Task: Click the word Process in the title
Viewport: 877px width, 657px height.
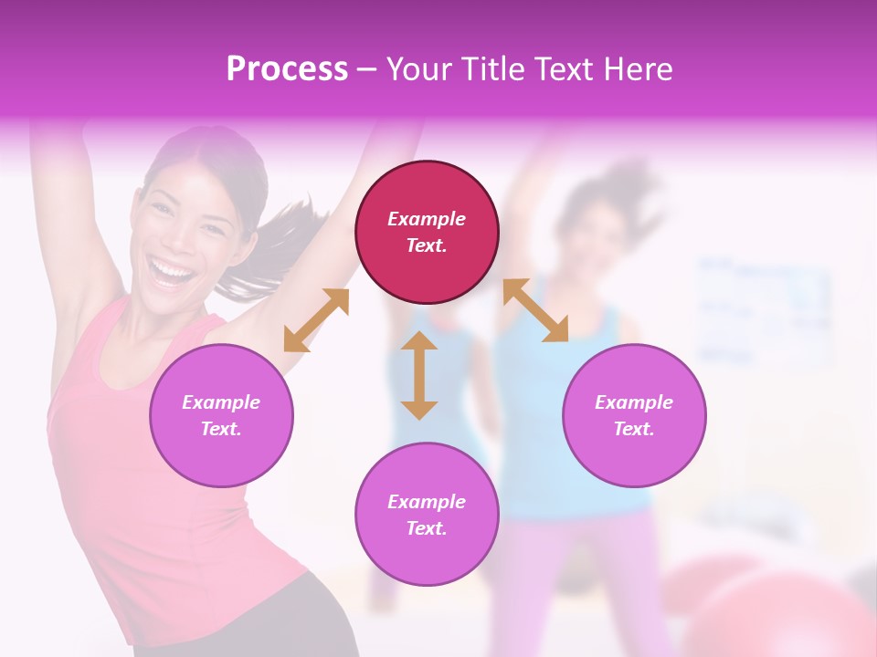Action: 287,69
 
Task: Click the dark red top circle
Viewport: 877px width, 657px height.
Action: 427,232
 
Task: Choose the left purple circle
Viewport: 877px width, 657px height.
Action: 221,415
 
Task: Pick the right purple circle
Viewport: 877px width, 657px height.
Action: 633,415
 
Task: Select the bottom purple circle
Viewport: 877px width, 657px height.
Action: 427,514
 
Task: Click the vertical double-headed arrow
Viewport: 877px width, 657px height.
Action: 419,375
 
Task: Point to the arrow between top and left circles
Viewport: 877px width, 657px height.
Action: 316,319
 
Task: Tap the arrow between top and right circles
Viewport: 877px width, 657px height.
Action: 535,310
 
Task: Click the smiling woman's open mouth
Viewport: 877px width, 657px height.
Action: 174,271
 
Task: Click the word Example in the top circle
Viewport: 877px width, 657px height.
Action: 427,219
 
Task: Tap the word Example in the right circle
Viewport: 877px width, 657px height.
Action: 633,402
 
